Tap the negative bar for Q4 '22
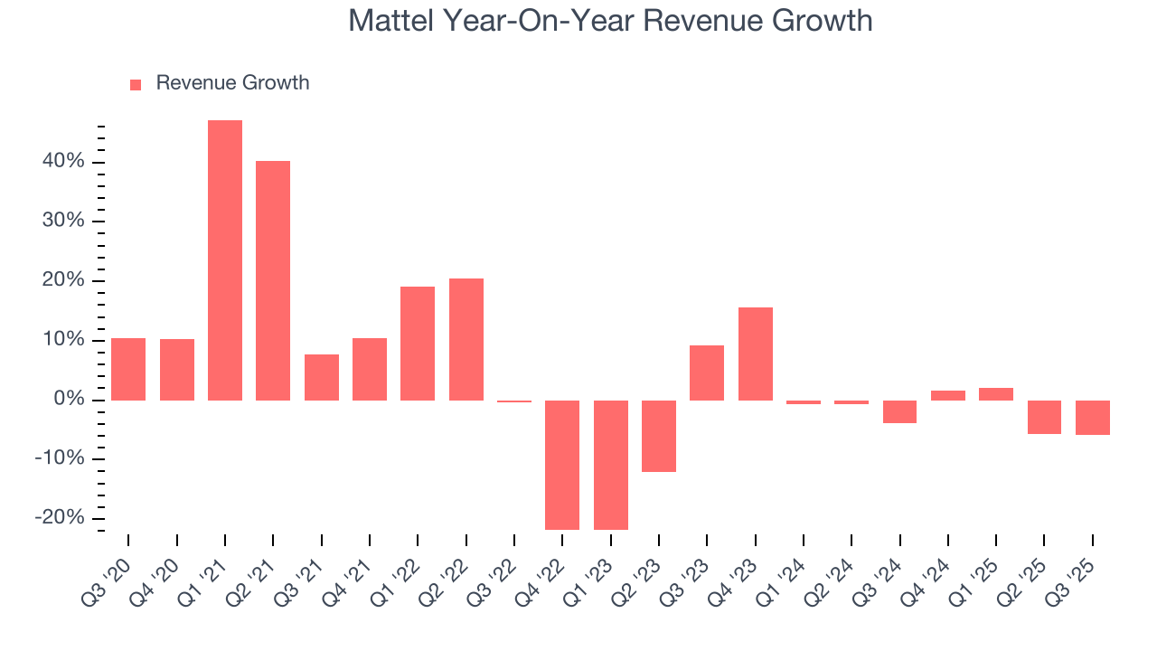pyautogui.click(x=562, y=465)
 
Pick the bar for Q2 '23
pyautogui.click(x=659, y=436)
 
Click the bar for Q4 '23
pyautogui.click(x=756, y=354)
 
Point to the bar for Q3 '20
pyautogui.click(x=128, y=369)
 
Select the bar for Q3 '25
pyautogui.click(x=1093, y=418)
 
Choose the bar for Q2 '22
pyautogui.click(x=466, y=339)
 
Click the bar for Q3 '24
pyautogui.click(x=900, y=411)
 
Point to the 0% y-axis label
pyautogui.click(x=69, y=400)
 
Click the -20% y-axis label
pyautogui.click(x=59, y=518)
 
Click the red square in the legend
pyautogui.click(x=136, y=84)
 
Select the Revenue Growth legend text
pyautogui.click(x=232, y=83)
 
